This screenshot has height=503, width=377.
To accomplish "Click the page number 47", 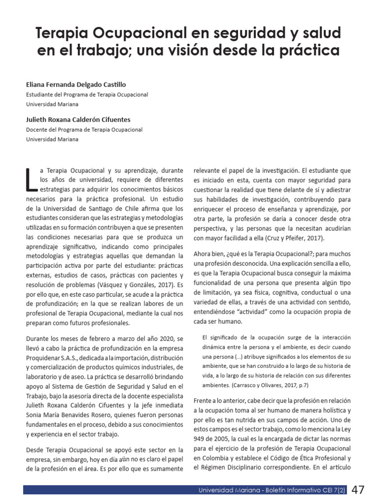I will click(358, 490).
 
